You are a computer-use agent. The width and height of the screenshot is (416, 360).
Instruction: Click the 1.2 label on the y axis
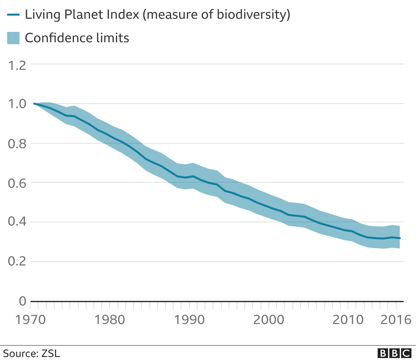click(x=17, y=66)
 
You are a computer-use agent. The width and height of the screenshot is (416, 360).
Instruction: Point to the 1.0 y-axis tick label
click(x=17, y=104)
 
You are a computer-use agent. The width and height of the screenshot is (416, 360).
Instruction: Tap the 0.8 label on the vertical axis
click(x=17, y=144)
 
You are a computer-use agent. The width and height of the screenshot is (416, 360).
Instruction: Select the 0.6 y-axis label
click(x=17, y=183)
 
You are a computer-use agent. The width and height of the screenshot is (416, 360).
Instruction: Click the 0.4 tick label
click(x=17, y=222)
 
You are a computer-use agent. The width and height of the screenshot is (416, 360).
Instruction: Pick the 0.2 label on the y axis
click(x=17, y=262)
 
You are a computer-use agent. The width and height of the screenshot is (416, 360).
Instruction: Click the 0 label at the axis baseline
click(x=22, y=301)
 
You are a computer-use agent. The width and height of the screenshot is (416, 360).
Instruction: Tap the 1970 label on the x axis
click(x=31, y=320)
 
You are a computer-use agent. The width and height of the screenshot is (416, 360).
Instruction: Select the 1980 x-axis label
click(x=110, y=320)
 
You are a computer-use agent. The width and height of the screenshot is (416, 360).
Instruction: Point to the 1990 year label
click(x=189, y=320)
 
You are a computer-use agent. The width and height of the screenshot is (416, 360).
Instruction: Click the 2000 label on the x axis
click(x=268, y=320)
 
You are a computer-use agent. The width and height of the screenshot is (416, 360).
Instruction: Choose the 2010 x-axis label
click(x=348, y=320)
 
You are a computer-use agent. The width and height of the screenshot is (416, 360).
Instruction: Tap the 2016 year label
click(x=396, y=320)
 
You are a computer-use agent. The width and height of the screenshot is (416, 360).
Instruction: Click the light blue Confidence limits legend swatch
click(x=13, y=38)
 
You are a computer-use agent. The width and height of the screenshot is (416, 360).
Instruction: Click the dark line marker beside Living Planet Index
click(x=13, y=15)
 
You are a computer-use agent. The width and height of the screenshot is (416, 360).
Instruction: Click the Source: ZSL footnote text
click(x=32, y=354)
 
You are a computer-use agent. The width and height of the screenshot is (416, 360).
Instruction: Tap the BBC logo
click(x=395, y=353)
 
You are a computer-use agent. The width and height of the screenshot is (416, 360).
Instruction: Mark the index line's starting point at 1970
click(x=34, y=104)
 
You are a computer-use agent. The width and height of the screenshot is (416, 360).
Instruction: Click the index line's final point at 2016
click(x=400, y=238)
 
